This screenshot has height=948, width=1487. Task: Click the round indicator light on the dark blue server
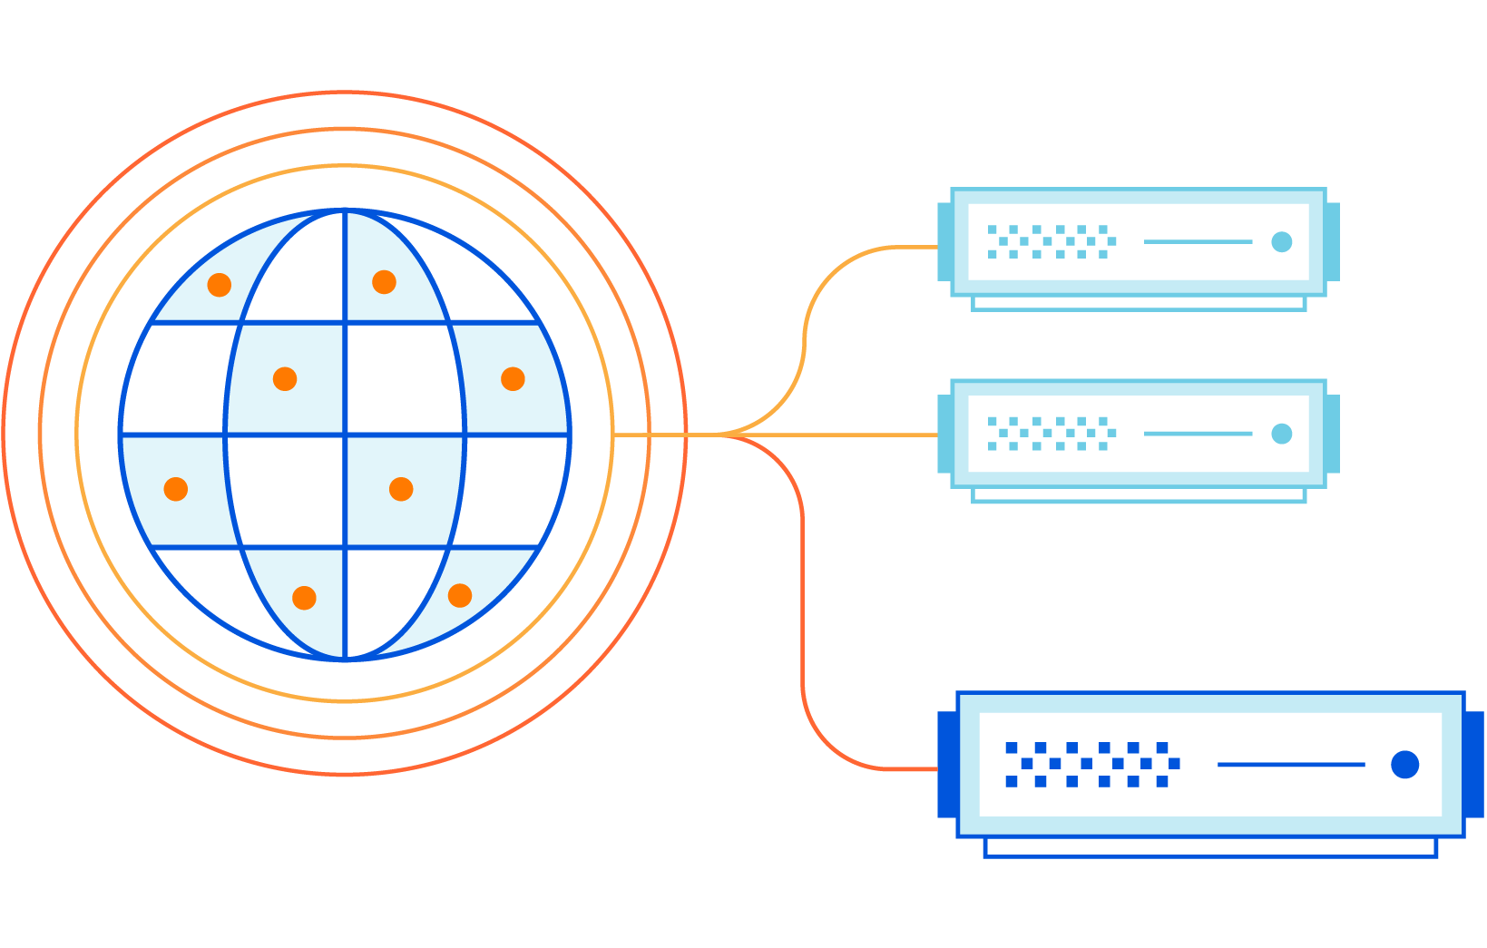point(1404,765)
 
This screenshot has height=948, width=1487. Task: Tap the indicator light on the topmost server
point(1281,241)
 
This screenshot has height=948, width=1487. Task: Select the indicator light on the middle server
point(1281,434)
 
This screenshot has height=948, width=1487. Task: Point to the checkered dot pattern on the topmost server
point(1051,241)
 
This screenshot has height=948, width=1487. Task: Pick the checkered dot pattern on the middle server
point(1051,434)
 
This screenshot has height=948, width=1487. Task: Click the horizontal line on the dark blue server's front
point(1290,765)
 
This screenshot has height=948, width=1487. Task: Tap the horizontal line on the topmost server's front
point(1198,241)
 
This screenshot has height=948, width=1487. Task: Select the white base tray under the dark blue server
point(1210,847)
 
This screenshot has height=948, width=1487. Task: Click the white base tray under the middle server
point(1139,495)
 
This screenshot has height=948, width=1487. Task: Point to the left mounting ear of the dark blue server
point(946,765)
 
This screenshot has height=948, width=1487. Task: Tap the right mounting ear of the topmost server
point(1332,241)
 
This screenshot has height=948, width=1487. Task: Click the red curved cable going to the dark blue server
point(804,635)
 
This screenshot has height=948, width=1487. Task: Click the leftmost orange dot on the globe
point(176,489)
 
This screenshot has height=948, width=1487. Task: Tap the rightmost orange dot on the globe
point(513,379)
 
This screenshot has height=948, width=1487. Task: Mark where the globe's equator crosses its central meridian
point(345,435)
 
